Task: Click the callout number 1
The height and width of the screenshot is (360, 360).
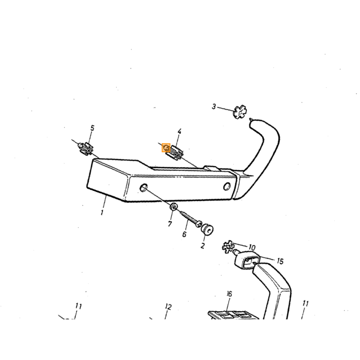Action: click(102, 212)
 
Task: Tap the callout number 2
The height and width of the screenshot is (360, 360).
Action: click(203, 245)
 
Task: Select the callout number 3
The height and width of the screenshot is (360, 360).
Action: click(214, 106)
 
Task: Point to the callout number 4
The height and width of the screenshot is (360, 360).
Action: click(179, 132)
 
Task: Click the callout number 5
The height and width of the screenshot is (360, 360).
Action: click(92, 128)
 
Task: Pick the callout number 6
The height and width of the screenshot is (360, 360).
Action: click(184, 234)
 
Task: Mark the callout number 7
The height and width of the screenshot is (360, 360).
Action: click(170, 223)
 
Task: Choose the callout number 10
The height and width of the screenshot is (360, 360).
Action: click(252, 248)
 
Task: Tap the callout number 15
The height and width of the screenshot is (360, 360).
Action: click(280, 261)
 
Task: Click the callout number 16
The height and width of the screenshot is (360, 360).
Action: click(229, 294)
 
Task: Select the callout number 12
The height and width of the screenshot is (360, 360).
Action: click(168, 307)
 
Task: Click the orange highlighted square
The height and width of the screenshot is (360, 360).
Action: click(166, 148)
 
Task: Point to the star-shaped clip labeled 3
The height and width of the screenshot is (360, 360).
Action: click(240, 112)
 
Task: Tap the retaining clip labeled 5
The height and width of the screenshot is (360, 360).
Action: click(85, 149)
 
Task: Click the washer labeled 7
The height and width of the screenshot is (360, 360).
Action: click(173, 207)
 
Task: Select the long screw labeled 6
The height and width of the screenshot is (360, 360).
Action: click(191, 219)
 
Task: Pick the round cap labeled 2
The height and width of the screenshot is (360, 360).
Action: click(207, 229)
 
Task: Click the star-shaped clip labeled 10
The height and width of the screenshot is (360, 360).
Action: click(227, 247)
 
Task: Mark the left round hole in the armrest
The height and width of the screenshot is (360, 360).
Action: click(143, 187)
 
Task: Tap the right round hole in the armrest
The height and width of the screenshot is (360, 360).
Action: click(227, 186)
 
